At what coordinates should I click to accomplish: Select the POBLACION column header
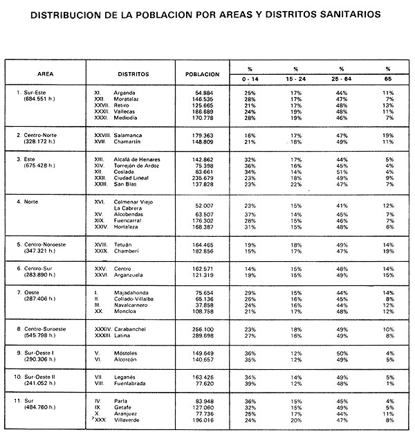tap(203, 73)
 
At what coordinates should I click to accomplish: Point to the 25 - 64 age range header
tap(341, 79)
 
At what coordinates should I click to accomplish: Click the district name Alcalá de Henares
tap(141, 159)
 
